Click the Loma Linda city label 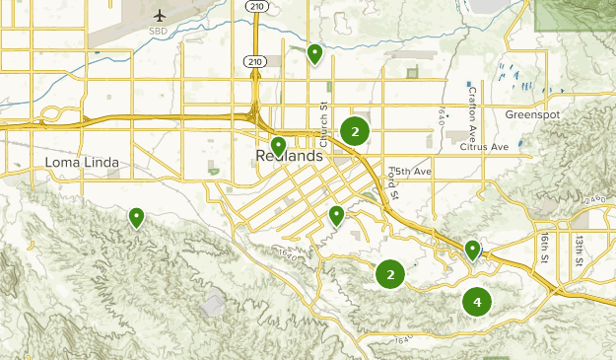(82, 163)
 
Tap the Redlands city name (289, 157)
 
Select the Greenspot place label (532, 114)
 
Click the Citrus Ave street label (484, 147)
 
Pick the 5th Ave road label (410, 172)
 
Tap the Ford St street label (392, 182)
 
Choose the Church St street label (322, 119)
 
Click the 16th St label (543, 249)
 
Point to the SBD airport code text (158, 31)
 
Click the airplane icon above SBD (161, 15)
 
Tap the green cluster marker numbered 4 (477, 302)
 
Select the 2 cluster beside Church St (355, 131)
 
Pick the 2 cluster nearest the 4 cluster (391, 274)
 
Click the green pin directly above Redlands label (279, 145)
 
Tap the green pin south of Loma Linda (136, 216)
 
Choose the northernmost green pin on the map (314, 52)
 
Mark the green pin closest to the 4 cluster (473, 249)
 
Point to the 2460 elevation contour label (592, 200)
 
